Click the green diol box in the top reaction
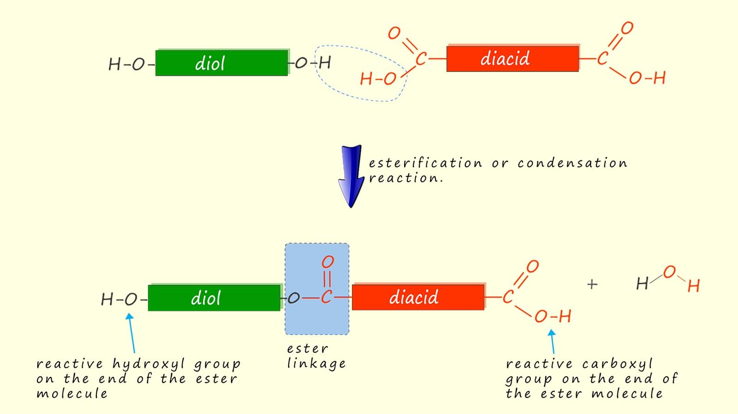click(221, 63)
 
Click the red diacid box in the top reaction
click(512, 59)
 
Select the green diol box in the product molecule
click(214, 298)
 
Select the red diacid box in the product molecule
click(418, 297)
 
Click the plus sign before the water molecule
click(592, 284)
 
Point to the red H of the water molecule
click(693, 286)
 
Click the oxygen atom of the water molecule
click(669, 272)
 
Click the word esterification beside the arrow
click(425, 163)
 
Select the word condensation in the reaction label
click(572, 163)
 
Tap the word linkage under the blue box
click(316, 364)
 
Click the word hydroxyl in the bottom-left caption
click(149, 364)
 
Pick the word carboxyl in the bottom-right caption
click(617, 364)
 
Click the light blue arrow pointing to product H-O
click(131, 333)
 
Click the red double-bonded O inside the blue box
click(327, 262)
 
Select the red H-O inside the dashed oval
click(378, 79)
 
